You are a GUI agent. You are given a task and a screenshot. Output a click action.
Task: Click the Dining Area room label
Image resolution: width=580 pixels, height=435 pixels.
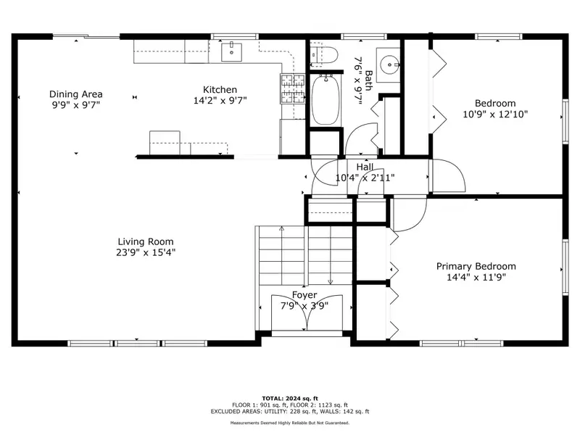[x=76, y=94]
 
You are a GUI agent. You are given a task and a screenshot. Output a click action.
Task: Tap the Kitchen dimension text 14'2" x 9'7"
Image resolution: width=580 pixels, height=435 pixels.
[x=220, y=101]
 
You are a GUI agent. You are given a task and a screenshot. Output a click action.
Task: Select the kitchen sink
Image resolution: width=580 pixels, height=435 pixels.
[x=231, y=52]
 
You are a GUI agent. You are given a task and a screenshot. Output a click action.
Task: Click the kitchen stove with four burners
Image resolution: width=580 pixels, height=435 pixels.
[x=293, y=88]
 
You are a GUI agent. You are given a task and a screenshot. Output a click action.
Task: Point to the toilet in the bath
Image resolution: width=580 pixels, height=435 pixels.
[x=324, y=55]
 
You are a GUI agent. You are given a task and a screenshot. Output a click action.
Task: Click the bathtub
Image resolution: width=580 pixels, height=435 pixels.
[x=325, y=100]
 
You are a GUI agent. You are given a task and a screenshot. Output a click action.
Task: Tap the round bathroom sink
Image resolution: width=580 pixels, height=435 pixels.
[x=389, y=65]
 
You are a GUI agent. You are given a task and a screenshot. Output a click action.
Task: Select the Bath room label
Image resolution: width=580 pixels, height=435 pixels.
[x=369, y=80]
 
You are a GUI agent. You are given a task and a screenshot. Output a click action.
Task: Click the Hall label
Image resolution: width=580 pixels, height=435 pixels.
[x=365, y=167]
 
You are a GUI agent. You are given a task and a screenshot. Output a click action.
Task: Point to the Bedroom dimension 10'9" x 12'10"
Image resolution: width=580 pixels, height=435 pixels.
[x=495, y=114]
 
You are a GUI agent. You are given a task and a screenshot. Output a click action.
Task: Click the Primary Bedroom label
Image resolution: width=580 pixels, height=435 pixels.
[x=476, y=266]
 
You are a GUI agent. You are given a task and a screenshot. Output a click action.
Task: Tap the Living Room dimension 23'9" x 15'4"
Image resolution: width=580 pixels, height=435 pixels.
[x=146, y=252]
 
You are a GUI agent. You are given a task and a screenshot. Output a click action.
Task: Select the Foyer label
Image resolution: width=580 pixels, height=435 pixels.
[x=304, y=295]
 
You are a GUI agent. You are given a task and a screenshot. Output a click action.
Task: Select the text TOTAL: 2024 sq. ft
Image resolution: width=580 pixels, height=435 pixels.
[x=290, y=398]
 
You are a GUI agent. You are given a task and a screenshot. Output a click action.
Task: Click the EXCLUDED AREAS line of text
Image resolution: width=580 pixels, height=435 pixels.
[x=290, y=411]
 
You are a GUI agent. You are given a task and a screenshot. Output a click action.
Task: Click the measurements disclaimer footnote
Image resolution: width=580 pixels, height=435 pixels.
[x=290, y=423]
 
